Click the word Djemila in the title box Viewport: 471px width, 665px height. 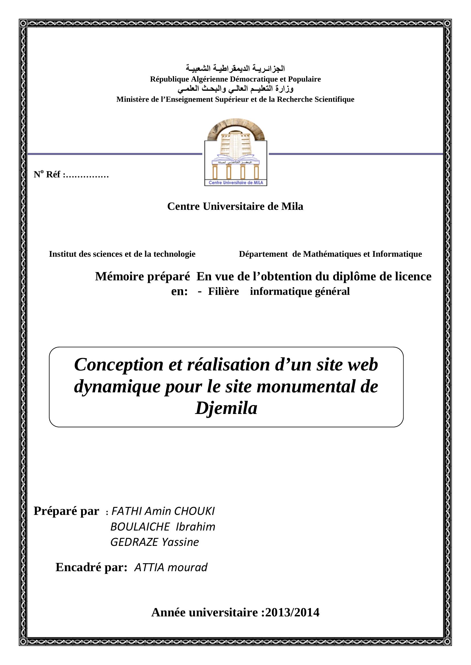click(x=226, y=408)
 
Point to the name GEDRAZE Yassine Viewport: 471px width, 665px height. click(x=155, y=542)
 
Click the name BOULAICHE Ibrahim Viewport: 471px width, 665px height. click(x=163, y=527)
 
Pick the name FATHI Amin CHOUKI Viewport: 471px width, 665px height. click(x=163, y=511)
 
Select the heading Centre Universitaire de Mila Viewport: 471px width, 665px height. click(x=235, y=206)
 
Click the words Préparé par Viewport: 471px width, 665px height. click(x=66, y=511)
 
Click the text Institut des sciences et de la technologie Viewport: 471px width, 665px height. click(x=122, y=254)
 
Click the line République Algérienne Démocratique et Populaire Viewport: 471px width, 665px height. click(x=235, y=79)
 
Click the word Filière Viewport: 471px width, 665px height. click(x=223, y=291)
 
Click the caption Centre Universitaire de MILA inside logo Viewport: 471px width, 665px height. click(x=235, y=183)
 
